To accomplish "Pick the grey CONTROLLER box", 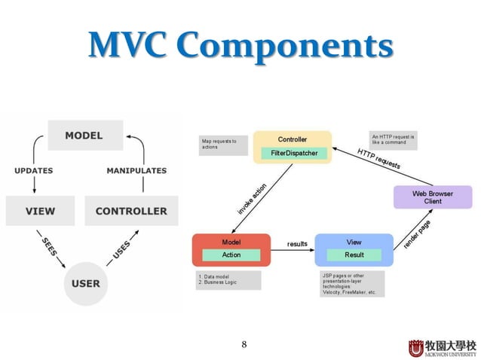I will [x=131, y=211].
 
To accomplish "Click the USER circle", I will [x=85, y=283].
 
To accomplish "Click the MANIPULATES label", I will [x=136, y=171].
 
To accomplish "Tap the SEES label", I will [x=51, y=246].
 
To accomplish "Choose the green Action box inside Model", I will [x=231, y=255].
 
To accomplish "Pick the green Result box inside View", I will [x=354, y=255].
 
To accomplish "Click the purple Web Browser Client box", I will [x=432, y=197].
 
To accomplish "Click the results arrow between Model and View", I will [x=297, y=251].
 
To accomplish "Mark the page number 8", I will [x=244, y=345].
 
